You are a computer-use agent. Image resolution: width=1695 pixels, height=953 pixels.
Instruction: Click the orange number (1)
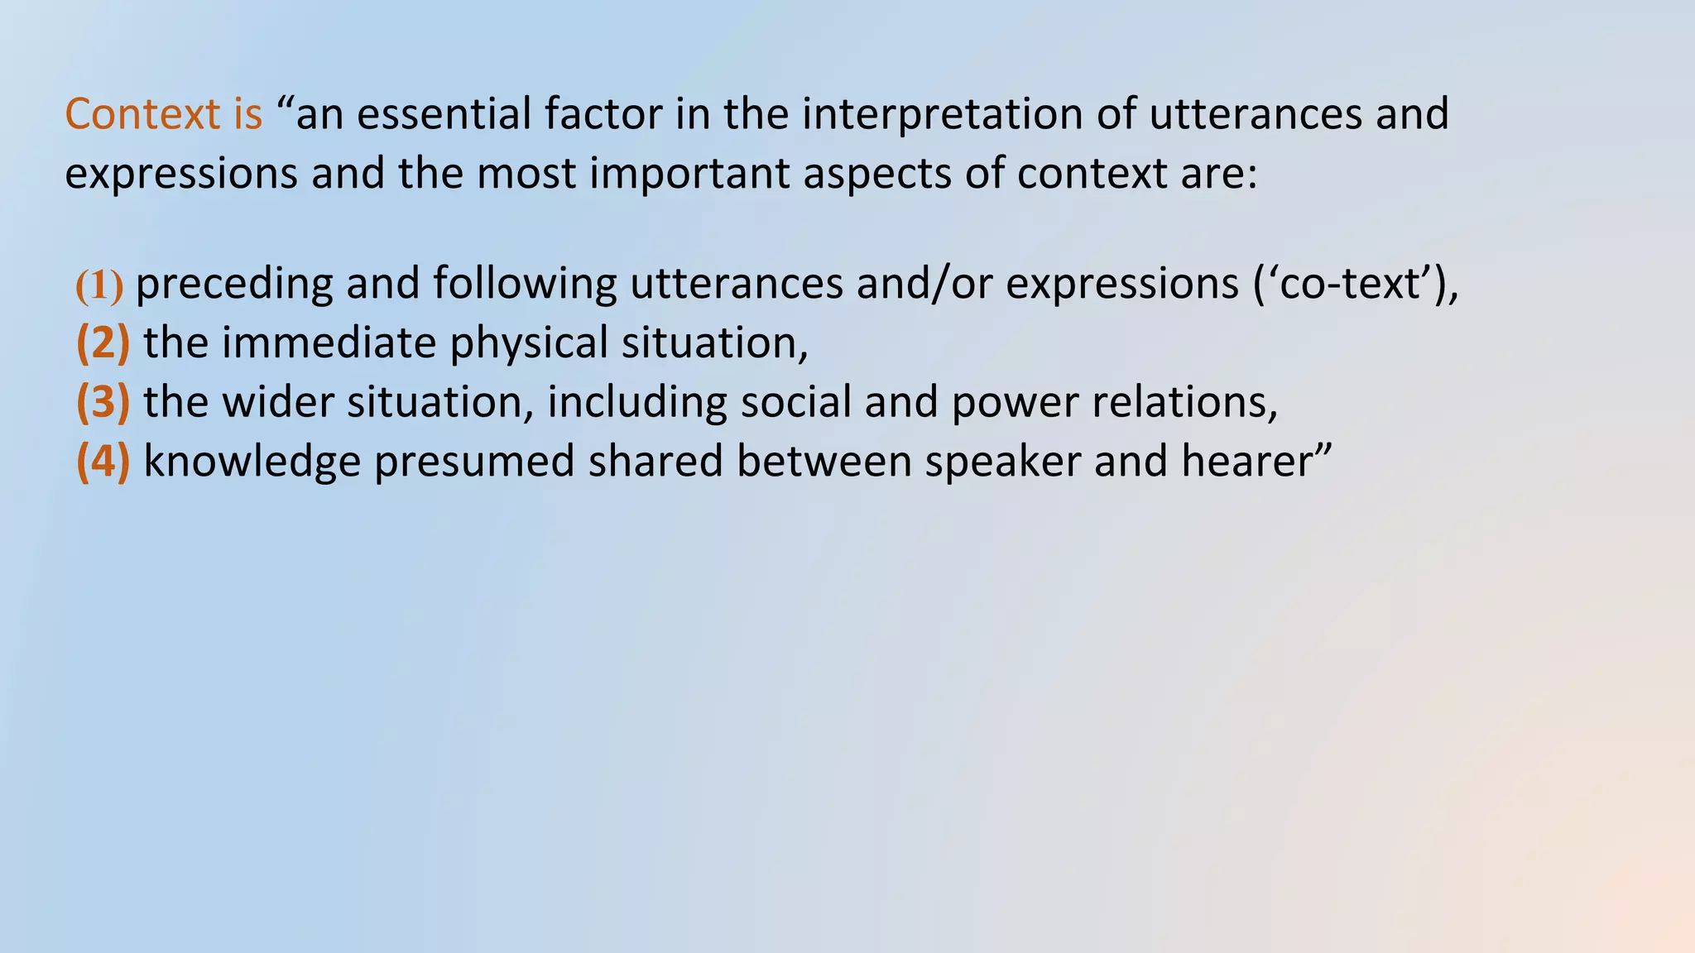click(x=99, y=285)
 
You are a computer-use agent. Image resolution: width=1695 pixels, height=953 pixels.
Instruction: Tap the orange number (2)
click(x=103, y=343)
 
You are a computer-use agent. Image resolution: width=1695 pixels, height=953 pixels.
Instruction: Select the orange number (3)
click(x=103, y=403)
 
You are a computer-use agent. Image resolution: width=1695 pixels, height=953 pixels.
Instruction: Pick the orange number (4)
click(x=103, y=462)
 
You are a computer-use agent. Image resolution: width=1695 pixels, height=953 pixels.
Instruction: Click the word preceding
click(x=233, y=284)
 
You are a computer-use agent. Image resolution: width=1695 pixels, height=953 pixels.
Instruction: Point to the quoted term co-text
click(x=1349, y=284)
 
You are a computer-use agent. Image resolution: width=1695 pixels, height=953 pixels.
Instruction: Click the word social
click(x=795, y=403)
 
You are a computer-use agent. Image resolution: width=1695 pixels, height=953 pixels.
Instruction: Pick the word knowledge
click(x=252, y=462)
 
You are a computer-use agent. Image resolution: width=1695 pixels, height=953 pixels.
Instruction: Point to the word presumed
click(x=473, y=462)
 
